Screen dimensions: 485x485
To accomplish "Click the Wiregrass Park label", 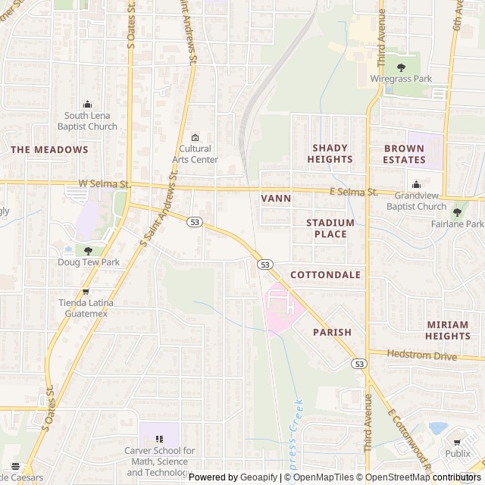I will point(401,79).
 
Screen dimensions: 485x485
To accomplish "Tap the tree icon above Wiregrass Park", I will point(401,67).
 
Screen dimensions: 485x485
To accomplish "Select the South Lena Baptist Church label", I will point(90,121).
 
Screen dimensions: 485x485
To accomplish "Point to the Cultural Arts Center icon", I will point(196,137).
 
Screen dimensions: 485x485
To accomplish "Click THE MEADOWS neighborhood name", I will point(49,150).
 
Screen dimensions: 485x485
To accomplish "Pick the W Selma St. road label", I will point(105,184).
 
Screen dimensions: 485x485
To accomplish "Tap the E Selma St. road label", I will point(354,192).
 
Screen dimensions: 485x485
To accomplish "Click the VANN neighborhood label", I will point(276,198).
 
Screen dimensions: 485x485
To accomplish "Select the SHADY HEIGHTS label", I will point(330,154).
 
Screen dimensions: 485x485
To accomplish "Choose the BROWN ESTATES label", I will point(404,154).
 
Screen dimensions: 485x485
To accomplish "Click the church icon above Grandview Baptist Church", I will point(416,184).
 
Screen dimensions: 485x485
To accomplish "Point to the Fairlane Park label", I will point(464,224).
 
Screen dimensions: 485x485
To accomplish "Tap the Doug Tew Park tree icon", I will point(89,251).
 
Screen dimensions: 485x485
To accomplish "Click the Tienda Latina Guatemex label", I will point(86,308).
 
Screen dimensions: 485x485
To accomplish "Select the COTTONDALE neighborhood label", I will point(325,274).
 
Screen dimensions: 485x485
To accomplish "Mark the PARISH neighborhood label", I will point(332,332).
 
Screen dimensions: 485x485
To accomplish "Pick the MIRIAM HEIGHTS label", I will point(447,330).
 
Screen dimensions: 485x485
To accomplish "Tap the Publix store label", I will point(457,454).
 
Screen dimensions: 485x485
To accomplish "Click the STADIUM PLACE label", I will point(330,228).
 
